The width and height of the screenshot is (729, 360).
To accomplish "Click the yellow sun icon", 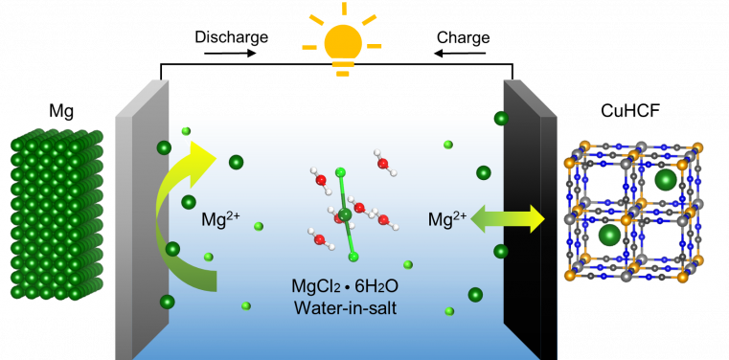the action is click(341, 44).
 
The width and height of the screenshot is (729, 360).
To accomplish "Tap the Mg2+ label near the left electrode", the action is click(221, 219).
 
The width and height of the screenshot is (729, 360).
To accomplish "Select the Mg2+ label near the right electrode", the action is click(447, 220).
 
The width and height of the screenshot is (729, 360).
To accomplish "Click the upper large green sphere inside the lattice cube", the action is click(665, 180).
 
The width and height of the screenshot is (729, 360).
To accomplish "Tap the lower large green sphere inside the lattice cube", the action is click(607, 236).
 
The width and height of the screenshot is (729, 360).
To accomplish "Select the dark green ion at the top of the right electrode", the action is click(500, 119).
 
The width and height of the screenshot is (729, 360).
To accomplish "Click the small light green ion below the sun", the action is click(447, 145).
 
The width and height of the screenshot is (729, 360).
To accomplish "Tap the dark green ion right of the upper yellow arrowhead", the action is click(236, 162).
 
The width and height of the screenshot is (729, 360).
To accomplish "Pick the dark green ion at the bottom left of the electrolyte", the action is click(168, 303).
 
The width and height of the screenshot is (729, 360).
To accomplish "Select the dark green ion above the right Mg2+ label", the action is click(483, 173).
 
